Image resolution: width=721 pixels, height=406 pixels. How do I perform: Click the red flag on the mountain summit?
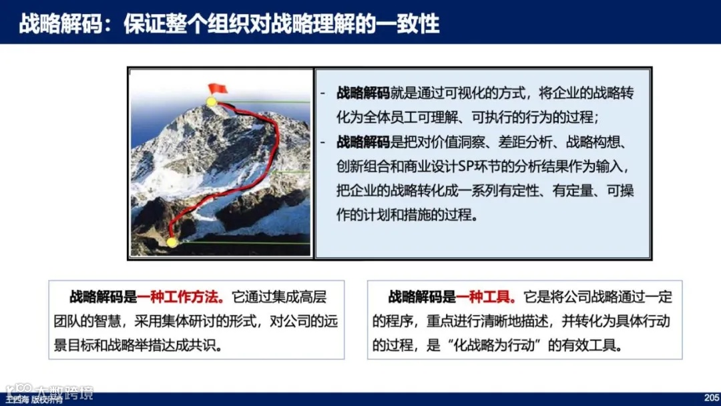click(218, 88)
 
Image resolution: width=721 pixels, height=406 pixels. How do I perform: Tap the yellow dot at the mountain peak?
click(212, 102)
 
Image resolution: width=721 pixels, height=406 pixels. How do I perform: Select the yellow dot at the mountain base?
click(172, 242)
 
